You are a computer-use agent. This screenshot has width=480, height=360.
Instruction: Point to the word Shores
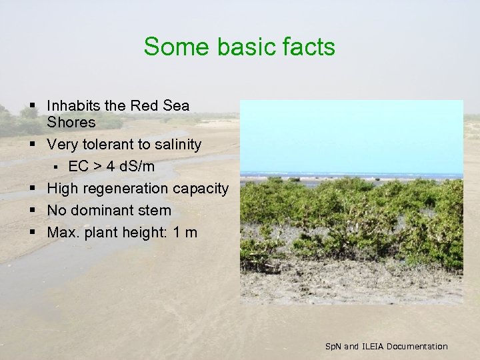click(71, 123)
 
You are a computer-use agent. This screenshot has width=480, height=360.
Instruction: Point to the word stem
click(157, 211)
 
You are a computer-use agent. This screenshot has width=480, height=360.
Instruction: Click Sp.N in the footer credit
click(332, 346)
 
